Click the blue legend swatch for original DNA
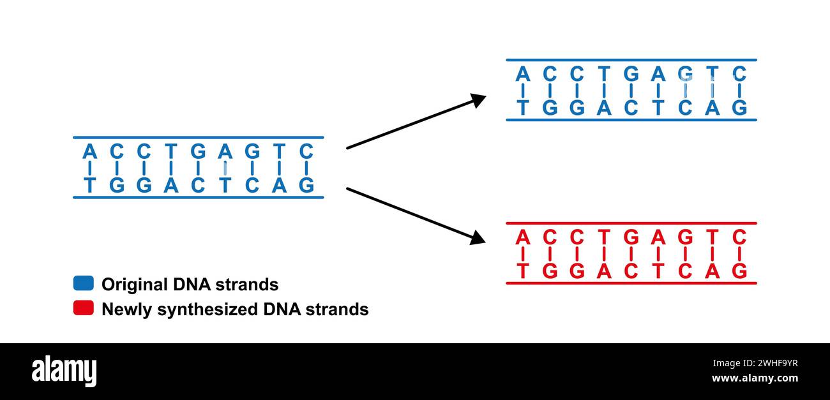pos(84,283)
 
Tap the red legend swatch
pos(84,308)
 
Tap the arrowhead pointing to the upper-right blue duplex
pos(478,99)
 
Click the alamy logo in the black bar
pos(64,371)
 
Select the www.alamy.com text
pos(755,378)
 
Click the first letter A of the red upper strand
pos(523,238)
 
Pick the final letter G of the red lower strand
pos(739,271)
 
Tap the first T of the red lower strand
pos(523,271)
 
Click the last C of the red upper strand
pos(739,238)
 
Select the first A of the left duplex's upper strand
pos(89,152)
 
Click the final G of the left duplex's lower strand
pos(306,185)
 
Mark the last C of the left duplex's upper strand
pos(306,152)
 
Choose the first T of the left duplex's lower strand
pos(89,185)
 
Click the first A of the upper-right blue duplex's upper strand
pos(523,75)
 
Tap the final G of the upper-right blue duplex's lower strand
pos(739,108)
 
